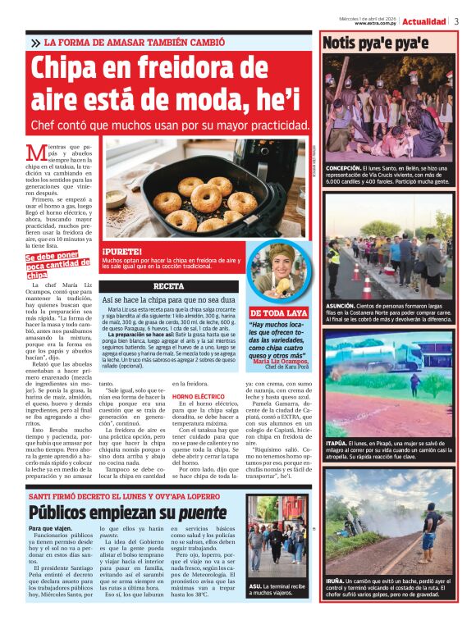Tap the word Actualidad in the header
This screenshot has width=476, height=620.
pos(424,21)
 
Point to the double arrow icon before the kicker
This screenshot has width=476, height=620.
pos(35,43)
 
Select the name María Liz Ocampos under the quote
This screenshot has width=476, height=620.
pos(282,361)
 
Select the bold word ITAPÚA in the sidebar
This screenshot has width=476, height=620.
pos(338,444)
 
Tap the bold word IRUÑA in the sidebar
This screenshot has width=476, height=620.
pos(336,581)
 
